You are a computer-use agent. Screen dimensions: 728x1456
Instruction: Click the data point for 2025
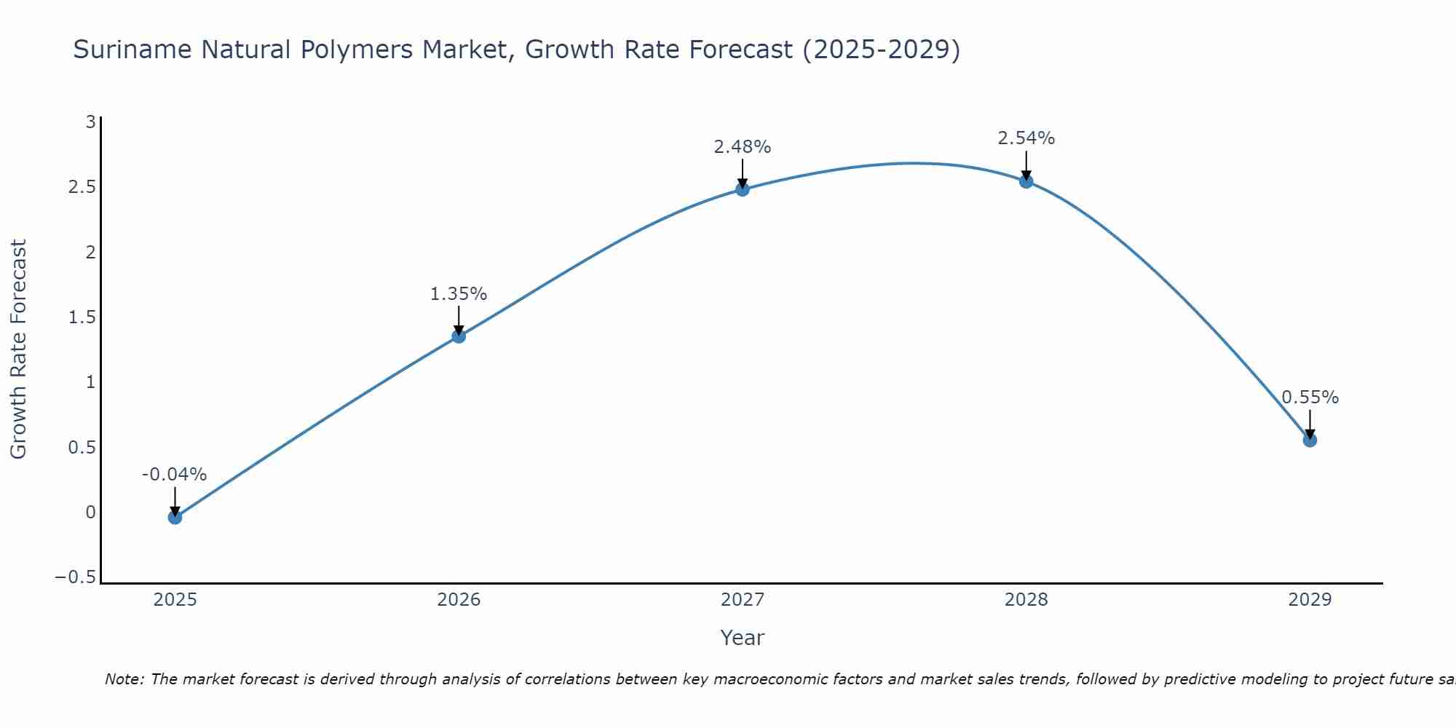tap(175, 517)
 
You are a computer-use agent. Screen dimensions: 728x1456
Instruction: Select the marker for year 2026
tap(459, 336)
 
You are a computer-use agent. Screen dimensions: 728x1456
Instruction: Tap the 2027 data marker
tap(743, 189)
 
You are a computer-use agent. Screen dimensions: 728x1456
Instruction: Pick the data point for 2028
tap(1026, 181)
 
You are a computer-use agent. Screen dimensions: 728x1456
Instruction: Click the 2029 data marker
tap(1310, 440)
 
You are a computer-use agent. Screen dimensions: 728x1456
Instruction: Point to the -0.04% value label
tap(174, 475)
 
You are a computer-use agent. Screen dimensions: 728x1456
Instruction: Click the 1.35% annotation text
tap(458, 294)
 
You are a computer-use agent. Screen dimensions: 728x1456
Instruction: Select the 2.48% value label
tap(742, 147)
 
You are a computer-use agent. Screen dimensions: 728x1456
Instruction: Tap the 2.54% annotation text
tap(1026, 138)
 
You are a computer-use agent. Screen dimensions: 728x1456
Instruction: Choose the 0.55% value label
tap(1310, 397)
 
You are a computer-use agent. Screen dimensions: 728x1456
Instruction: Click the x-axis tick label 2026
tap(459, 600)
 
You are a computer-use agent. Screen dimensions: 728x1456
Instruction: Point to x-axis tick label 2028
tap(1026, 600)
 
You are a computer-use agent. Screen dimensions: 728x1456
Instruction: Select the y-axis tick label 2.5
tap(82, 187)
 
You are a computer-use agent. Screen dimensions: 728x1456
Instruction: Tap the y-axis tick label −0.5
tap(75, 577)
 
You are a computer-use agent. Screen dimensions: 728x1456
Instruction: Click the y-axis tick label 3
tap(91, 122)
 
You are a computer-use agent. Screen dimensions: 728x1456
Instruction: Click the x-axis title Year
tap(742, 638)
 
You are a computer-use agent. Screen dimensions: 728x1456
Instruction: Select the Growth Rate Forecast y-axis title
tap(18, 349)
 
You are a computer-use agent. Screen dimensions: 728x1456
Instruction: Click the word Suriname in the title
tap(133, 50)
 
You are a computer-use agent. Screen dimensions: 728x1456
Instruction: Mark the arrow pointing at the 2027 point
tap(743, 173)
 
